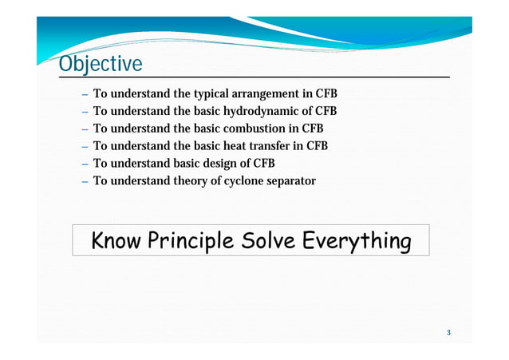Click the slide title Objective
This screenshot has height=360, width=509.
click(x=101, y=64)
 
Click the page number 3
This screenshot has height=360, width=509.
click(x=448, y=332)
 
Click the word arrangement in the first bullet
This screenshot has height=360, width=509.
click(x=266, y=93)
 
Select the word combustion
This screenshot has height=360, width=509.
click(x=254, y=129)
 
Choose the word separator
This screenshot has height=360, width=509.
click(x=294, y=181)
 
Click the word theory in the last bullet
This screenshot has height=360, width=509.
click(x=192, y=181)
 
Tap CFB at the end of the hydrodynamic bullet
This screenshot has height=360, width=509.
click(x=326, y=111)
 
